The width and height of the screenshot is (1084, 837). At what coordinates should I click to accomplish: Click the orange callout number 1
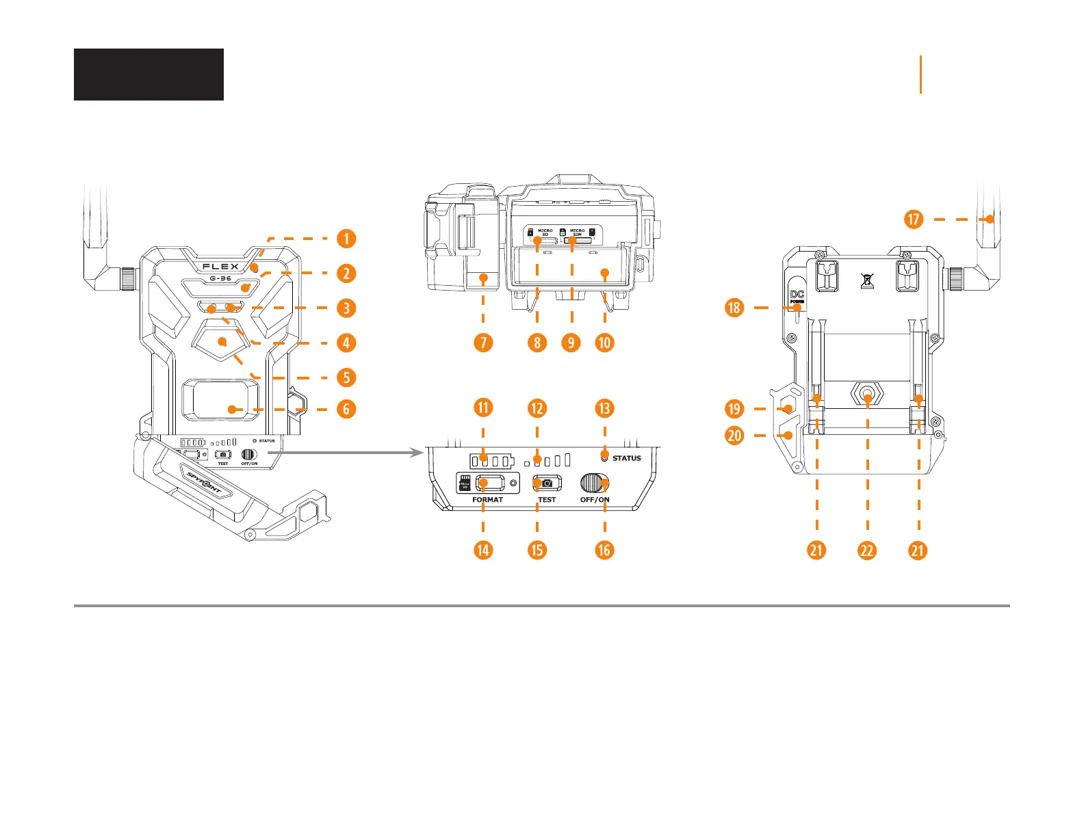346,239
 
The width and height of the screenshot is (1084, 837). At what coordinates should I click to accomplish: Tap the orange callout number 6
346,409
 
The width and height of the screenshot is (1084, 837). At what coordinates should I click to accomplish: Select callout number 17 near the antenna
914,220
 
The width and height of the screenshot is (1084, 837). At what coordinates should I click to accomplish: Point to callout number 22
867,550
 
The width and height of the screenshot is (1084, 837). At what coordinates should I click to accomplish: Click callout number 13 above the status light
604,408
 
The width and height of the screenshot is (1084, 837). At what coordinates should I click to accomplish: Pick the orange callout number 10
604,343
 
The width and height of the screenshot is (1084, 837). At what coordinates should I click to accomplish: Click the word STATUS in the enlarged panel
626,458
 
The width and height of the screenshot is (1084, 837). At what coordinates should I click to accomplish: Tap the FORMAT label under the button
487,500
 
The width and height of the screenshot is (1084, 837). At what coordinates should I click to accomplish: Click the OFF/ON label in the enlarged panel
595,500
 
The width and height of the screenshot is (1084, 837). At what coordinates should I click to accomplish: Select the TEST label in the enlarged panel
547,500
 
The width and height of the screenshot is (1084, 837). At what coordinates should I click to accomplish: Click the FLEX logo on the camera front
220,267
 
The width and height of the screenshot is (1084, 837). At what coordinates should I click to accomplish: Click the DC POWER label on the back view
797,296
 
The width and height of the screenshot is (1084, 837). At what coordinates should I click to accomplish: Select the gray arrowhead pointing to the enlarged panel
419,452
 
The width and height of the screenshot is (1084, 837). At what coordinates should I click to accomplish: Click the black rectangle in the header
149,75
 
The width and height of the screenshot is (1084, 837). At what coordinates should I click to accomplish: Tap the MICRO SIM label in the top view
578,232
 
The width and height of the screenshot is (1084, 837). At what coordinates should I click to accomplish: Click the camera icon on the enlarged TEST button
547,483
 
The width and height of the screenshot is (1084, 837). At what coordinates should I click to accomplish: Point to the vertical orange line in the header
921,75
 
